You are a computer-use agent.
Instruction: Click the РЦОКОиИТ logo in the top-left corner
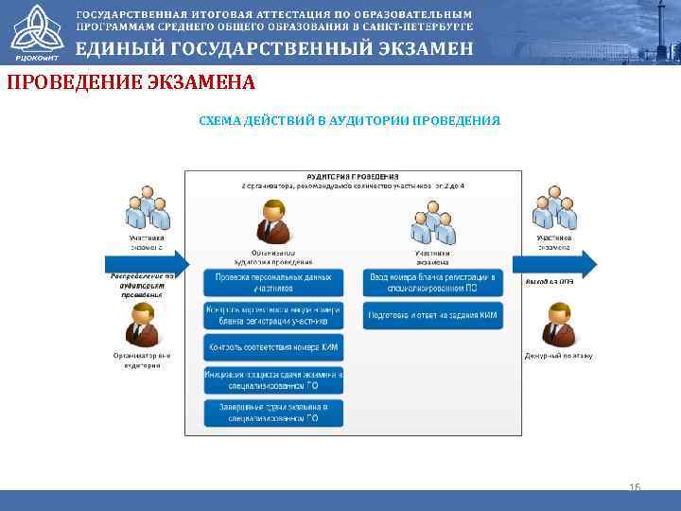click(34, 31)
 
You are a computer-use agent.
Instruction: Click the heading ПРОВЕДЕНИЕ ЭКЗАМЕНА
click(131, 83)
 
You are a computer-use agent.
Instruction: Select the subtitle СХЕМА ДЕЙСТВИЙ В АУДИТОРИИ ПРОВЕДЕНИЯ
click(349, 121)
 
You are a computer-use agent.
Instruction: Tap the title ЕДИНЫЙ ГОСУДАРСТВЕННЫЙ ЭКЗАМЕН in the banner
click(274, 50)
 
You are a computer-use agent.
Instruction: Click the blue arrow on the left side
click(147, 264)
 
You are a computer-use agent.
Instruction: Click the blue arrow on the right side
click(554, 264)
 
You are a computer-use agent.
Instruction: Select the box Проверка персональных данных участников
click(273, 282)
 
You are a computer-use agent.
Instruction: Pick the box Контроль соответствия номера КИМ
click(273, 347)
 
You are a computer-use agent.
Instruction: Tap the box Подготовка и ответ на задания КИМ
click(433, 315)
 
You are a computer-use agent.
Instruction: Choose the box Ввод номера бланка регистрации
click(433, 282)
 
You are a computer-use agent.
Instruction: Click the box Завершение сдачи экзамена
click(273, 413)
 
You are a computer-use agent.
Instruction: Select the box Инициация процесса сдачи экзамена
click(273, 380)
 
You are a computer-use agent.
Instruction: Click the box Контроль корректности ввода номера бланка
click(273, 315)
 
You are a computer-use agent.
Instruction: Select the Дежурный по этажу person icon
click(558, 325)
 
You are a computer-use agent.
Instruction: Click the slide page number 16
click(635, 486)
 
